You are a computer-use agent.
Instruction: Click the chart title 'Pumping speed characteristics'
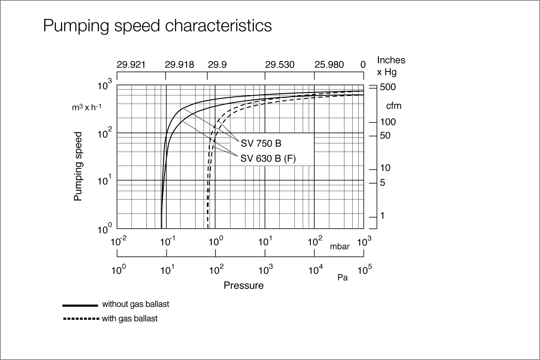pyautogui.click(x=157, y=26)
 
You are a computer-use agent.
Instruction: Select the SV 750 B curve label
pyautogui.click(x=261, y=143)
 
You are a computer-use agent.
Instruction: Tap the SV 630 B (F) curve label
pyautogui.click(x=268, y=158)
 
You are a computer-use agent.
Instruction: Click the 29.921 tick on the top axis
pyautogui.click(x=131, y=65)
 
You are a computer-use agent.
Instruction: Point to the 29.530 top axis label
pyautogui.click(x=280, y=65)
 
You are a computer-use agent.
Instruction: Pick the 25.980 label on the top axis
pyautogui.click(x=329, y=65)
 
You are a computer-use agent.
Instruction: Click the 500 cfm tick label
pyautogui.click(x=388, y=87)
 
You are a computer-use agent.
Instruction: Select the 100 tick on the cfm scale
pyautogui.click(x=388, y=122)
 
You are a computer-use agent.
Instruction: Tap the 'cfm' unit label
pyautogui.click(x=394, y=106)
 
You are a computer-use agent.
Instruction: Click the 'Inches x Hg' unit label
pyautogui.click(x=391, y=66)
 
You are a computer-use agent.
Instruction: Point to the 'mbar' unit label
pyautogui.click(x=340, y=247)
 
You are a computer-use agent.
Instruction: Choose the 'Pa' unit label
pyautogui.click(x=343, y=278)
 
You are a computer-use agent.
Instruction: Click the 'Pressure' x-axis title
pyautogui.click(x=243, y=286)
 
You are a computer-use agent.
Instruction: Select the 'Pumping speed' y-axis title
pyautogui.click(x=78, y=166)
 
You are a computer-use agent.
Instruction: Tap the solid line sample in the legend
pyautogui.click(x=80, y=305)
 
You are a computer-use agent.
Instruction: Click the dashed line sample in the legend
pyautogui.click(x=80, y=319)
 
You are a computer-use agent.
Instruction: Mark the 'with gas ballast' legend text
pyautogui.click(x=130, y=319)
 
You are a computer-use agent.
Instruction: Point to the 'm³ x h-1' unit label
pyautogui.click(x=86, y=107)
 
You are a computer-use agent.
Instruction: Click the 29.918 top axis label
pyautogui.click(x=179, y=65)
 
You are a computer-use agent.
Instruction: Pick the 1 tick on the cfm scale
pyautogui.click(x=383, y=216)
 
